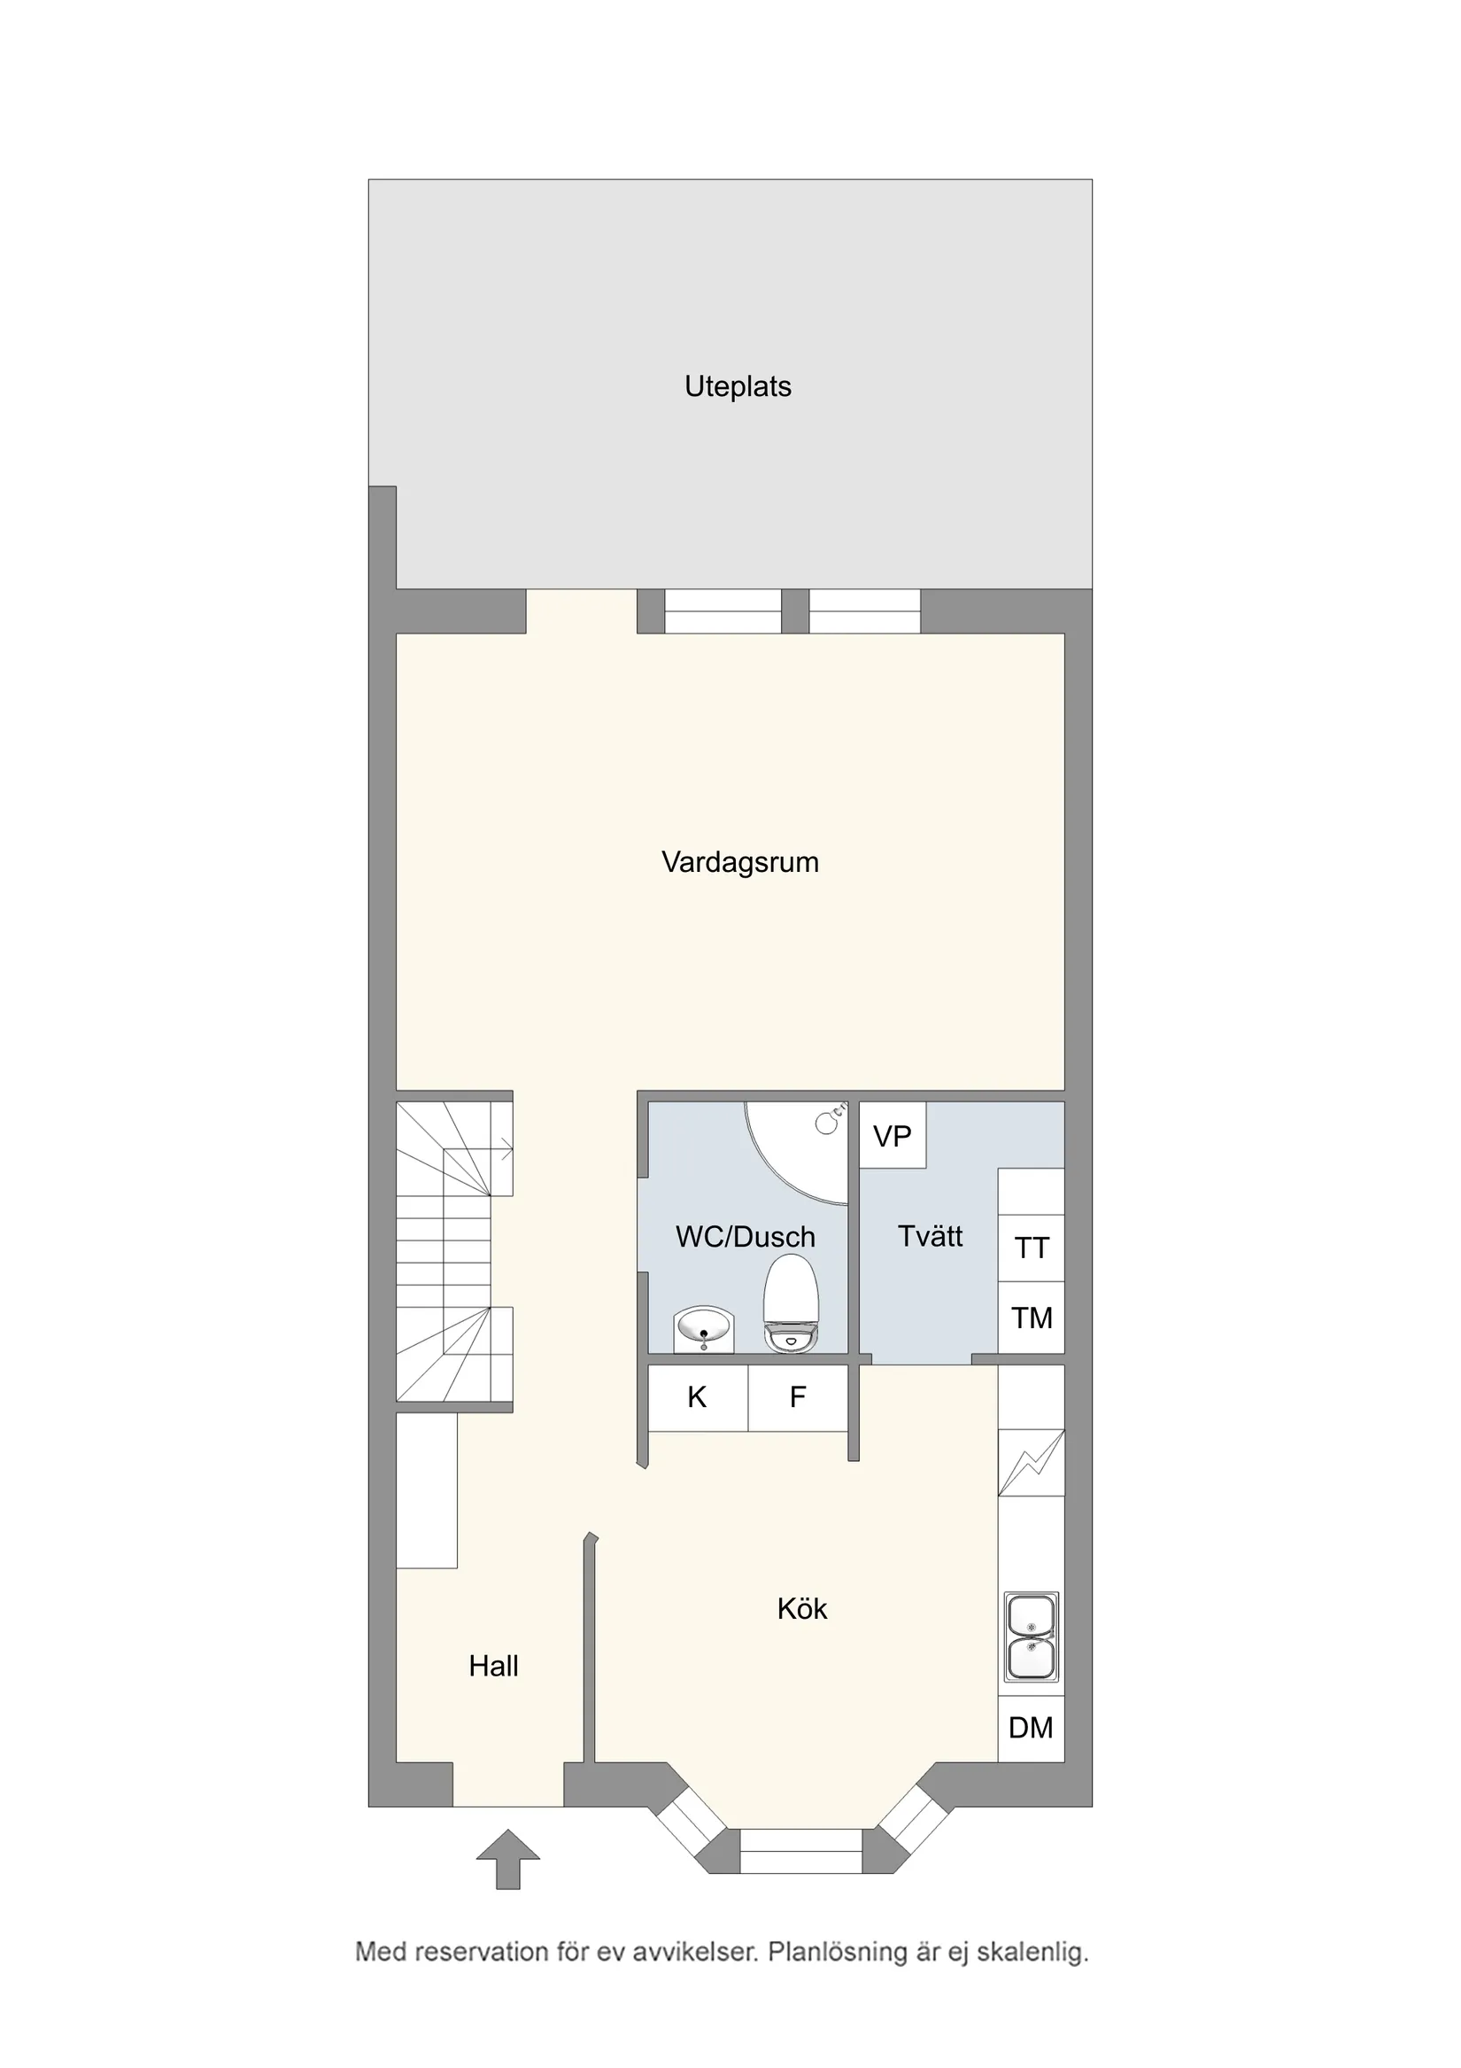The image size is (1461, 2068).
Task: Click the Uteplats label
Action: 738,386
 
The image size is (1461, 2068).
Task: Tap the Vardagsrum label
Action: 740,862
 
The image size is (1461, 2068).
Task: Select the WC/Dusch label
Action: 746,1237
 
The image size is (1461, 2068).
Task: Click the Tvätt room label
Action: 930,1236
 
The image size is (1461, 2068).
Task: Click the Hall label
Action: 493,1667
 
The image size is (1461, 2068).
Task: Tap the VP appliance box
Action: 892,1137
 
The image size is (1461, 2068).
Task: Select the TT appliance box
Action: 1032,1248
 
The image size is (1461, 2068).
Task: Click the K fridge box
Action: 697,1398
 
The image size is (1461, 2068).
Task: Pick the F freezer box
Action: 798,1398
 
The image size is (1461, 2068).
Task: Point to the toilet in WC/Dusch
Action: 791,1303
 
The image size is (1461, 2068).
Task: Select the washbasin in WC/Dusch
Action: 705,1329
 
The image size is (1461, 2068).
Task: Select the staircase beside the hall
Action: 453,1251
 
